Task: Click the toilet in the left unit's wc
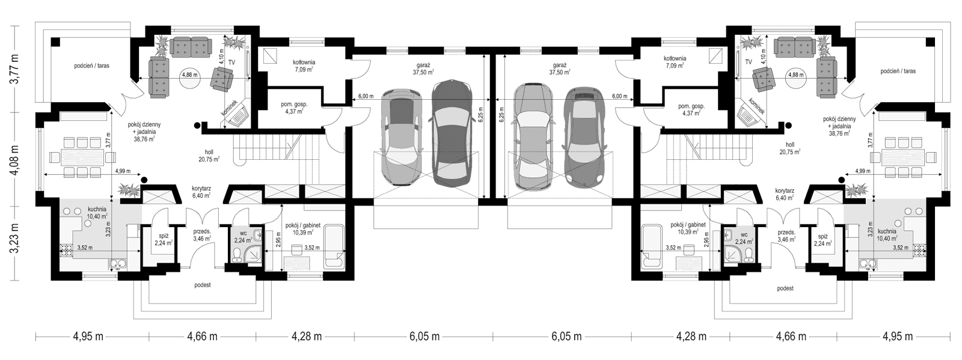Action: point(239,254)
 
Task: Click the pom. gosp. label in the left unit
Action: point(294,108)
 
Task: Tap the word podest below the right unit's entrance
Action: point(785,289)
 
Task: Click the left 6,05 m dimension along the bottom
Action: point(420,337)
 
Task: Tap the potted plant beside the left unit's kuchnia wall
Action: point(128,189)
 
